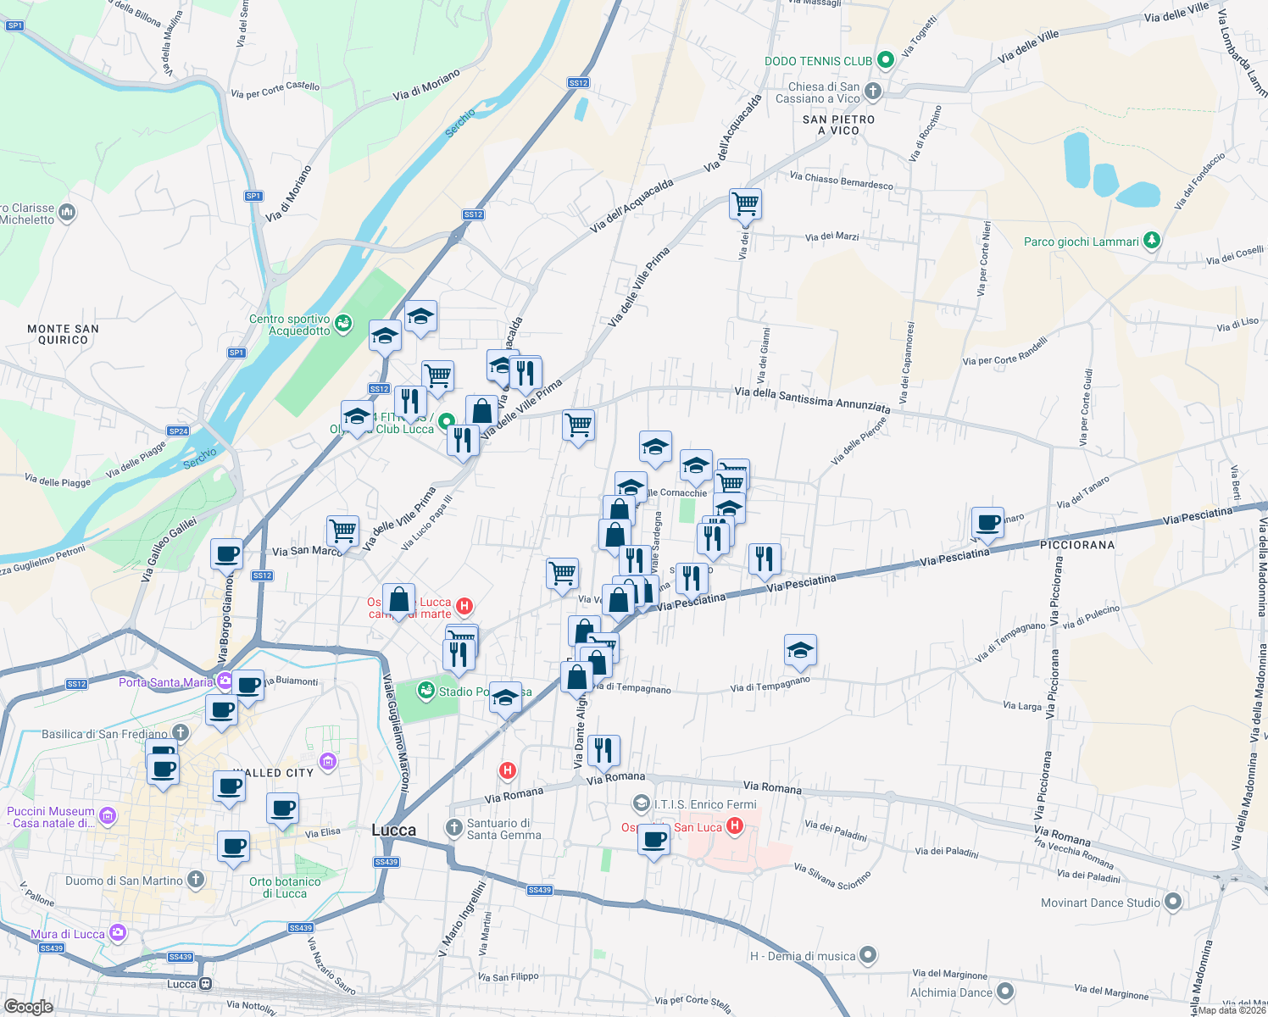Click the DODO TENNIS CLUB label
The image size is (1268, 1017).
(x=818, y=61)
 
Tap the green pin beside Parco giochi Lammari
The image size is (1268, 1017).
(x=1151, y=241)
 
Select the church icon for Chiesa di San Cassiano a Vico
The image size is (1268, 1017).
(x=873, y=92)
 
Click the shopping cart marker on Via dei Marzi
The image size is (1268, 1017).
(x=745, y=203)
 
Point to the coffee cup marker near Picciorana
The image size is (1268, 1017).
(x=987, y=523)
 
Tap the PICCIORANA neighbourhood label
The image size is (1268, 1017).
(x=1077, y=545)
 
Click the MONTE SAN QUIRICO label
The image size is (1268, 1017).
(x=63, y=334)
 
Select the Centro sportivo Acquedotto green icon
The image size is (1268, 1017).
(x=343, y=323)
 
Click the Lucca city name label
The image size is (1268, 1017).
(x=394, y=830)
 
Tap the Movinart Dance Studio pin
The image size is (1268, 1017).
(x=1172, y=902)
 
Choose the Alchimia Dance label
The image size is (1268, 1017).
(x=951, y=992)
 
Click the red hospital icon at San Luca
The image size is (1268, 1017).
(x=735, y=826)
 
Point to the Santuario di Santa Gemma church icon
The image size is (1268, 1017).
(x=454, y=827)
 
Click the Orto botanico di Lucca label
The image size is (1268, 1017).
(x=285, y=887)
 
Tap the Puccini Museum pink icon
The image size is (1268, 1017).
(x=107, y=816)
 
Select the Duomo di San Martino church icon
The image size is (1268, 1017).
(x=196, y=880)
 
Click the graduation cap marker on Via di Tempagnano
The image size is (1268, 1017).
(x=800, y=650)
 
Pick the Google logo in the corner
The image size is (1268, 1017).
(x=28, y=1007)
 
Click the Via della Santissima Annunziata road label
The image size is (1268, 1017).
(x=812, y=400)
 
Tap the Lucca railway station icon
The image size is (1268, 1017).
(x=205, y=984)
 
